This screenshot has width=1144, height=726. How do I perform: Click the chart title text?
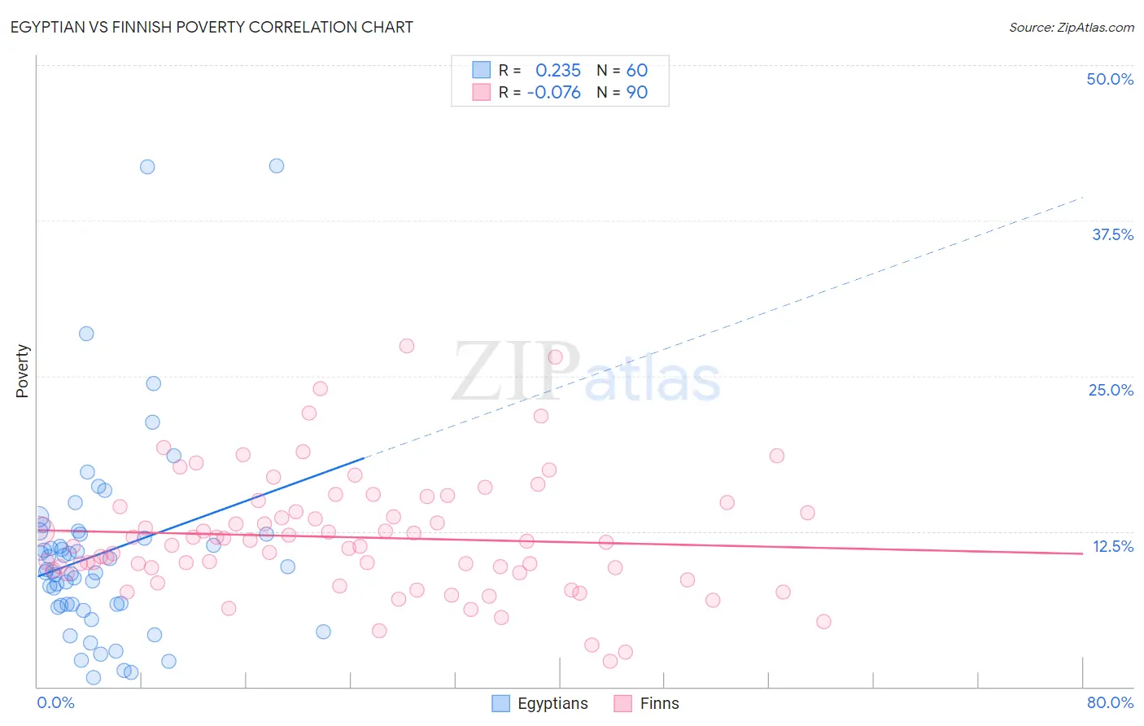click(x=212, y=27)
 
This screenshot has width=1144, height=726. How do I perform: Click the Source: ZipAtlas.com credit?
click(x=1071, y=28)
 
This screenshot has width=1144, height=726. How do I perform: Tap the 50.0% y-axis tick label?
click(x=1110, y=79)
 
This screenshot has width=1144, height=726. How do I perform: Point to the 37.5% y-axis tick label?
click(x=1112, y=234)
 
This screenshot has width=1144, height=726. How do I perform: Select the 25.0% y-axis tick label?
click(x=1111, y=390)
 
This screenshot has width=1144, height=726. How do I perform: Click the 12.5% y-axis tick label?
click(x=1112, y=546)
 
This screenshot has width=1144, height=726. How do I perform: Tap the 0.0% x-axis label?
click(x=55, y=702)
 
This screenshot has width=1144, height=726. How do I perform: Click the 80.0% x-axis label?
click(x=1110, y=702)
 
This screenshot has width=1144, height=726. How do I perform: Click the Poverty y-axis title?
click(x=22, y=371)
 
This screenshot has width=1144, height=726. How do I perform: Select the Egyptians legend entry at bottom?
click(x=540, y=703)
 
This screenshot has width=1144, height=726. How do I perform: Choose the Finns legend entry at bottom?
click(x=647, y=703)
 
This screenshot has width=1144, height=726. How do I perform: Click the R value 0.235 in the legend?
click(x=557, y=70)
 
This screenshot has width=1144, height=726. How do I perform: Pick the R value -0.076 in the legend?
click(x=553, y=92)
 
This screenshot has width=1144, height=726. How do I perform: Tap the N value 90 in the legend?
click(x=636, y=92)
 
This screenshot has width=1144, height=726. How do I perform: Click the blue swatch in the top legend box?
click(x=482, y=70)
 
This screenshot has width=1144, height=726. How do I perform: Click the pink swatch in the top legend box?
click(x=482, y=92)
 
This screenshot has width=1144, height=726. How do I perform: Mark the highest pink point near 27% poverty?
click(x=407, y=346)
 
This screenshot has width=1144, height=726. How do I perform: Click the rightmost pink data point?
click(x=823, y=622)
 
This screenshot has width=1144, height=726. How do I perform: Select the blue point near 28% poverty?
click(x=86, y=334)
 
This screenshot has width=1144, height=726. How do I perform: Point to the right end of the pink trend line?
click(x=1082, y=553)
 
